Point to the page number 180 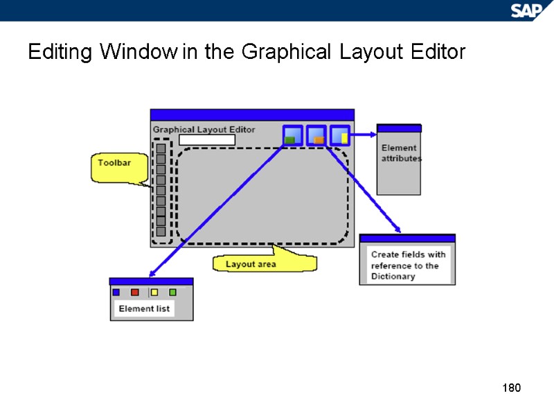tap(510, 387)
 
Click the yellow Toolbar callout tap(114, 166)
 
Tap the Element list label tap(144, 309)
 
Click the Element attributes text tap(400, 153)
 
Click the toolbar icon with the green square tap(292, 135)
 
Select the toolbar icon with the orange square tap(316, 135)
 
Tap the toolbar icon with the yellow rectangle tap(340, 135)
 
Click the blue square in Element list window tap(116, 292)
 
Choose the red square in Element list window tap(135, 292)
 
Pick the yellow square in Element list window tap(154, 292)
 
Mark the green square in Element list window tap(173, 292)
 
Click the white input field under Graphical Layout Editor tap(207, 140)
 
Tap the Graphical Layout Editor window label tap(204, 129)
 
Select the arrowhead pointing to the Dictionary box tap(398, 229)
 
